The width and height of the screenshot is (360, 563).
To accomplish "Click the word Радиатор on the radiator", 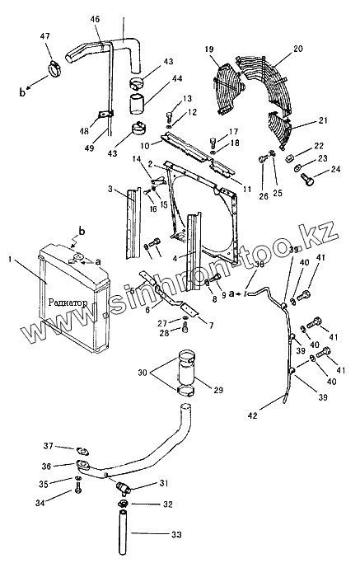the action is pos(68,303).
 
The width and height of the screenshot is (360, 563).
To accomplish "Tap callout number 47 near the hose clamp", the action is pos(45,36).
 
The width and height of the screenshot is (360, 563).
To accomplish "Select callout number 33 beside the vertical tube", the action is pos(176,535).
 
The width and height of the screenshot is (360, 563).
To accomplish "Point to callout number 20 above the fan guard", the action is pos(297,49).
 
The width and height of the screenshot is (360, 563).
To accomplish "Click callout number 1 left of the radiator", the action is pos(10,259).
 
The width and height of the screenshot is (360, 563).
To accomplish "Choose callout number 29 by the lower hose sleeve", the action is pos(217,390).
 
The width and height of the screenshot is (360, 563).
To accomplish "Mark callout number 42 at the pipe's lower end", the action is pos(252,415).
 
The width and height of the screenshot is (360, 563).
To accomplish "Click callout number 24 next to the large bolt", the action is pos(335,169).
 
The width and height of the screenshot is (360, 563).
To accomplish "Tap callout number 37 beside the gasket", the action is pos(49,446).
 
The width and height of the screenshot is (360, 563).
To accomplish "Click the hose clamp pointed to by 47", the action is pos(55,68).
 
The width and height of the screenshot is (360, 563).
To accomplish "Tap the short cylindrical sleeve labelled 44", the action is pos(137,104).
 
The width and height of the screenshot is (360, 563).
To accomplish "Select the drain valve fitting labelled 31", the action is pos(123,488).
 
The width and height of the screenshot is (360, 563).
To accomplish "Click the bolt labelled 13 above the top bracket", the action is pos(169,116).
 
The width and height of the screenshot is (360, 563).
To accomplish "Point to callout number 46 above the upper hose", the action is pos(95,19).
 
